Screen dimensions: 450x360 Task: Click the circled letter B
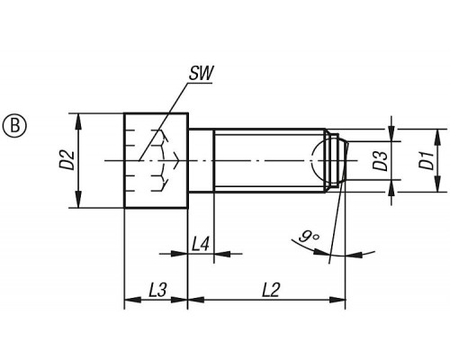pos(14,125)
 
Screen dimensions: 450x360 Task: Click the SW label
pos(201,73)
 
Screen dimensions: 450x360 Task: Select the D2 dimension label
pos(69,160)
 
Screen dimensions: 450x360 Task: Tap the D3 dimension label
pos(382,160)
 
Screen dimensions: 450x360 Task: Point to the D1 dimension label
pos(427,160)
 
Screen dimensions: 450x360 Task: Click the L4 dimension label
pos(200,244)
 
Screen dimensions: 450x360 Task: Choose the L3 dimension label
pos(157,290)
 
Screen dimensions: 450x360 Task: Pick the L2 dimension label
pos(271,290)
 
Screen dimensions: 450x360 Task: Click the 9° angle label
pos(309,236)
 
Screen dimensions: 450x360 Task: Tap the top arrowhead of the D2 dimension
pos(78,121)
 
